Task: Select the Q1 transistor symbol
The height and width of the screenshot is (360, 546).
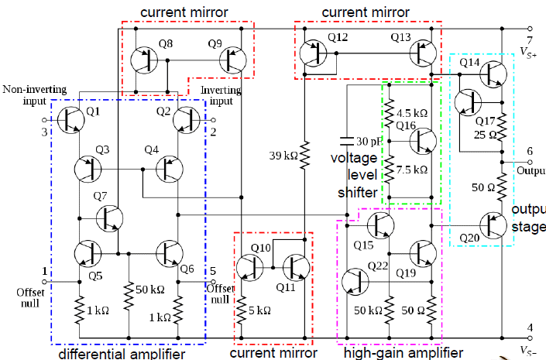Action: (x=71, y=120)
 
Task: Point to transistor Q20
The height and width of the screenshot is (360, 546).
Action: (x=492, y=224)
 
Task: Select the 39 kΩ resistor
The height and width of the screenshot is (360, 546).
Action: (x=305, y=156)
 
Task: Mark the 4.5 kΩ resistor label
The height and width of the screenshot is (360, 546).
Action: (x=410, y=111)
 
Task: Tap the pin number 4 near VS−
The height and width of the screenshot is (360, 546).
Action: (x=530, y=327)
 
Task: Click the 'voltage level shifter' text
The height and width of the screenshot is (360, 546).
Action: (x=353, y=175)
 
